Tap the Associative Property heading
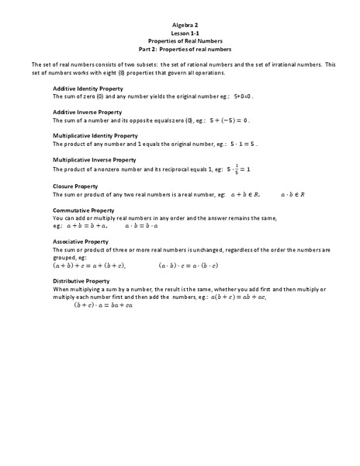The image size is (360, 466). (x=80, y=242)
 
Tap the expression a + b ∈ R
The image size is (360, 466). (x=237, y=195)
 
